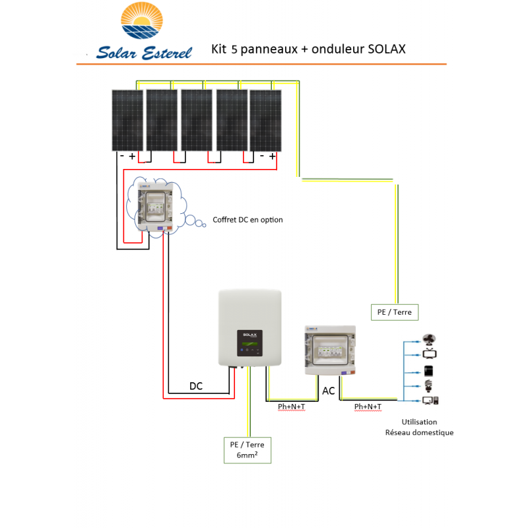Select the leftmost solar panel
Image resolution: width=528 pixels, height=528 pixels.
coord(127,119)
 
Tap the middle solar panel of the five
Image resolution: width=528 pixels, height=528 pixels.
coord(197,119)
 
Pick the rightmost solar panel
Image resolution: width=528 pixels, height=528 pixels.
coord(265,119)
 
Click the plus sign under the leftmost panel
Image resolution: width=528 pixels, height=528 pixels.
coord(132,156)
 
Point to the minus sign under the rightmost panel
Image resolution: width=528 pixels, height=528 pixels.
coord(262,156)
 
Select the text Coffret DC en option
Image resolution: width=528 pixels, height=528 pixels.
coord(247,220)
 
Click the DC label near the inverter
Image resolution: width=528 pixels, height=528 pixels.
coord(196,386)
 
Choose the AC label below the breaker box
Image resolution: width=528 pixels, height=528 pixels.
coord(328,391)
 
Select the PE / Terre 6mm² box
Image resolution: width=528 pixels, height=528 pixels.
coord(247,449)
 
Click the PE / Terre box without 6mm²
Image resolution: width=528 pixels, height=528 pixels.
coord(395,312)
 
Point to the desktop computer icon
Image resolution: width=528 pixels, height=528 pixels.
coord(430,400)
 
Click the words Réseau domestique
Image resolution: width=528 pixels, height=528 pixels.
coord(419,433)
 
